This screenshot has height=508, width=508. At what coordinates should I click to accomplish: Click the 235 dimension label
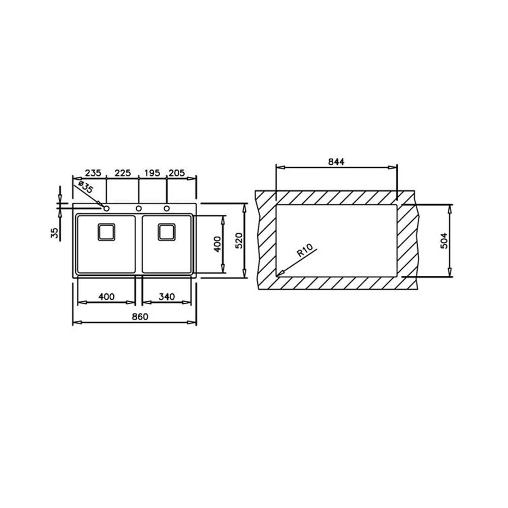click(x=93, y=173)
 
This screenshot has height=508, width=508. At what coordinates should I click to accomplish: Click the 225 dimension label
click(x=123, y=173)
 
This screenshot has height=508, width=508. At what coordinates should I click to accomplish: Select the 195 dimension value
click(x=152, y=173)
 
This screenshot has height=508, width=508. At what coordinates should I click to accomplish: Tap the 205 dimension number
click(x=177, y=173)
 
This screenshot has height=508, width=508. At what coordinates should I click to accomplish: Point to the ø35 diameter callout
click(x=85, y=188)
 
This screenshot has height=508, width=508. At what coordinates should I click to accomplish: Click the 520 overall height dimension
click(x=239, y=240)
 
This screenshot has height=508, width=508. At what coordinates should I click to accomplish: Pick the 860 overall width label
click(x=140, y=316)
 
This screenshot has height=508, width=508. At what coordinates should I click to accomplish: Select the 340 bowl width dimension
click(x=167, y=297)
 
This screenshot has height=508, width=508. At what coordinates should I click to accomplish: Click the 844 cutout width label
click(x=336, y=162)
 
